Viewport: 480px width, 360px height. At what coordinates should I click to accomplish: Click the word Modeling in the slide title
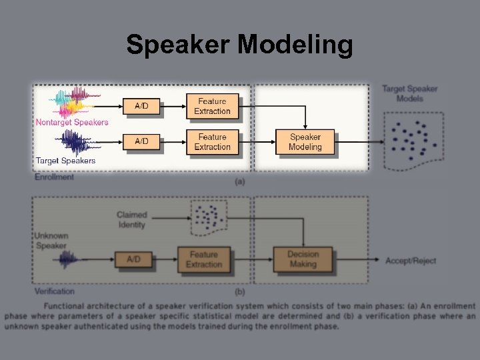(295, 45)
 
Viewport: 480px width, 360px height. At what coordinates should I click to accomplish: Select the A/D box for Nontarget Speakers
(142, 105)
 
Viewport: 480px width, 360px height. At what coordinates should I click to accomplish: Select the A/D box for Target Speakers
(142, 141)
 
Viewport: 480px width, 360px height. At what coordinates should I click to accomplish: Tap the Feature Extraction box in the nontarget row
(212, 105)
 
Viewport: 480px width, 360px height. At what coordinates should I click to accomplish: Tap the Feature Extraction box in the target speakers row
(212, 141)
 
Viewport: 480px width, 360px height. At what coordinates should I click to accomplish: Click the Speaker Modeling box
(305, 141)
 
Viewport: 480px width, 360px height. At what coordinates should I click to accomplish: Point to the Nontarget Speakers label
(72, 122)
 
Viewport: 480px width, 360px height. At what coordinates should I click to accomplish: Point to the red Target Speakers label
(65, 161)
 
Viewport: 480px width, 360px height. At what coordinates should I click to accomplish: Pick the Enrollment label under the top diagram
(54, 177)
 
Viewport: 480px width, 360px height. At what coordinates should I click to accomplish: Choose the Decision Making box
(303, 259)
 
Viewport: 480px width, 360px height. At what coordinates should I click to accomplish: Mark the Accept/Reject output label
(411, 260)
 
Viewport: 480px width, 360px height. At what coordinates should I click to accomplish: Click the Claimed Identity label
(131, 220)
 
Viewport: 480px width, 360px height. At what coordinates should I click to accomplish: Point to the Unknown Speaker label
(51, 241)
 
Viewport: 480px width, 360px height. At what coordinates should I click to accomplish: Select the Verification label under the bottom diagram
(55, 291)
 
